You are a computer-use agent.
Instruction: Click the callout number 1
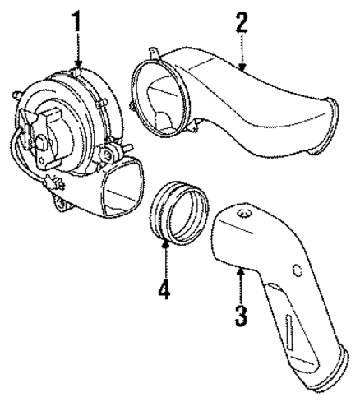point(76,21)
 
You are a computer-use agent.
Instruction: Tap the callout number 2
point(242,23)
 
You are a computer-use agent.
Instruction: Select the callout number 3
point(241,316)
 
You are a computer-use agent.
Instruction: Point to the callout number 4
point(164,288)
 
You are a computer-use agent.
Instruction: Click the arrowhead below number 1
point(79,64)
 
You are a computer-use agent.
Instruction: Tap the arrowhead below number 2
point(242,67)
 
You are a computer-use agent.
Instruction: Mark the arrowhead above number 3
point(241,271)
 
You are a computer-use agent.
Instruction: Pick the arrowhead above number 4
point(165,243)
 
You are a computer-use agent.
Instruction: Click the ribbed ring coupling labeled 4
point(179,212)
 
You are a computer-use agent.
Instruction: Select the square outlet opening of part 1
point(122,188)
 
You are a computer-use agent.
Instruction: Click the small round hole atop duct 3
point(243,213)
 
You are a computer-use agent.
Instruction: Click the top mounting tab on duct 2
point(154,53)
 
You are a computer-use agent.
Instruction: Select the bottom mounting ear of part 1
point(61,204)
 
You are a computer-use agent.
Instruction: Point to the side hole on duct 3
point(298,270)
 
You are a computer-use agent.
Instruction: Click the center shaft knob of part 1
point(41,142)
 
